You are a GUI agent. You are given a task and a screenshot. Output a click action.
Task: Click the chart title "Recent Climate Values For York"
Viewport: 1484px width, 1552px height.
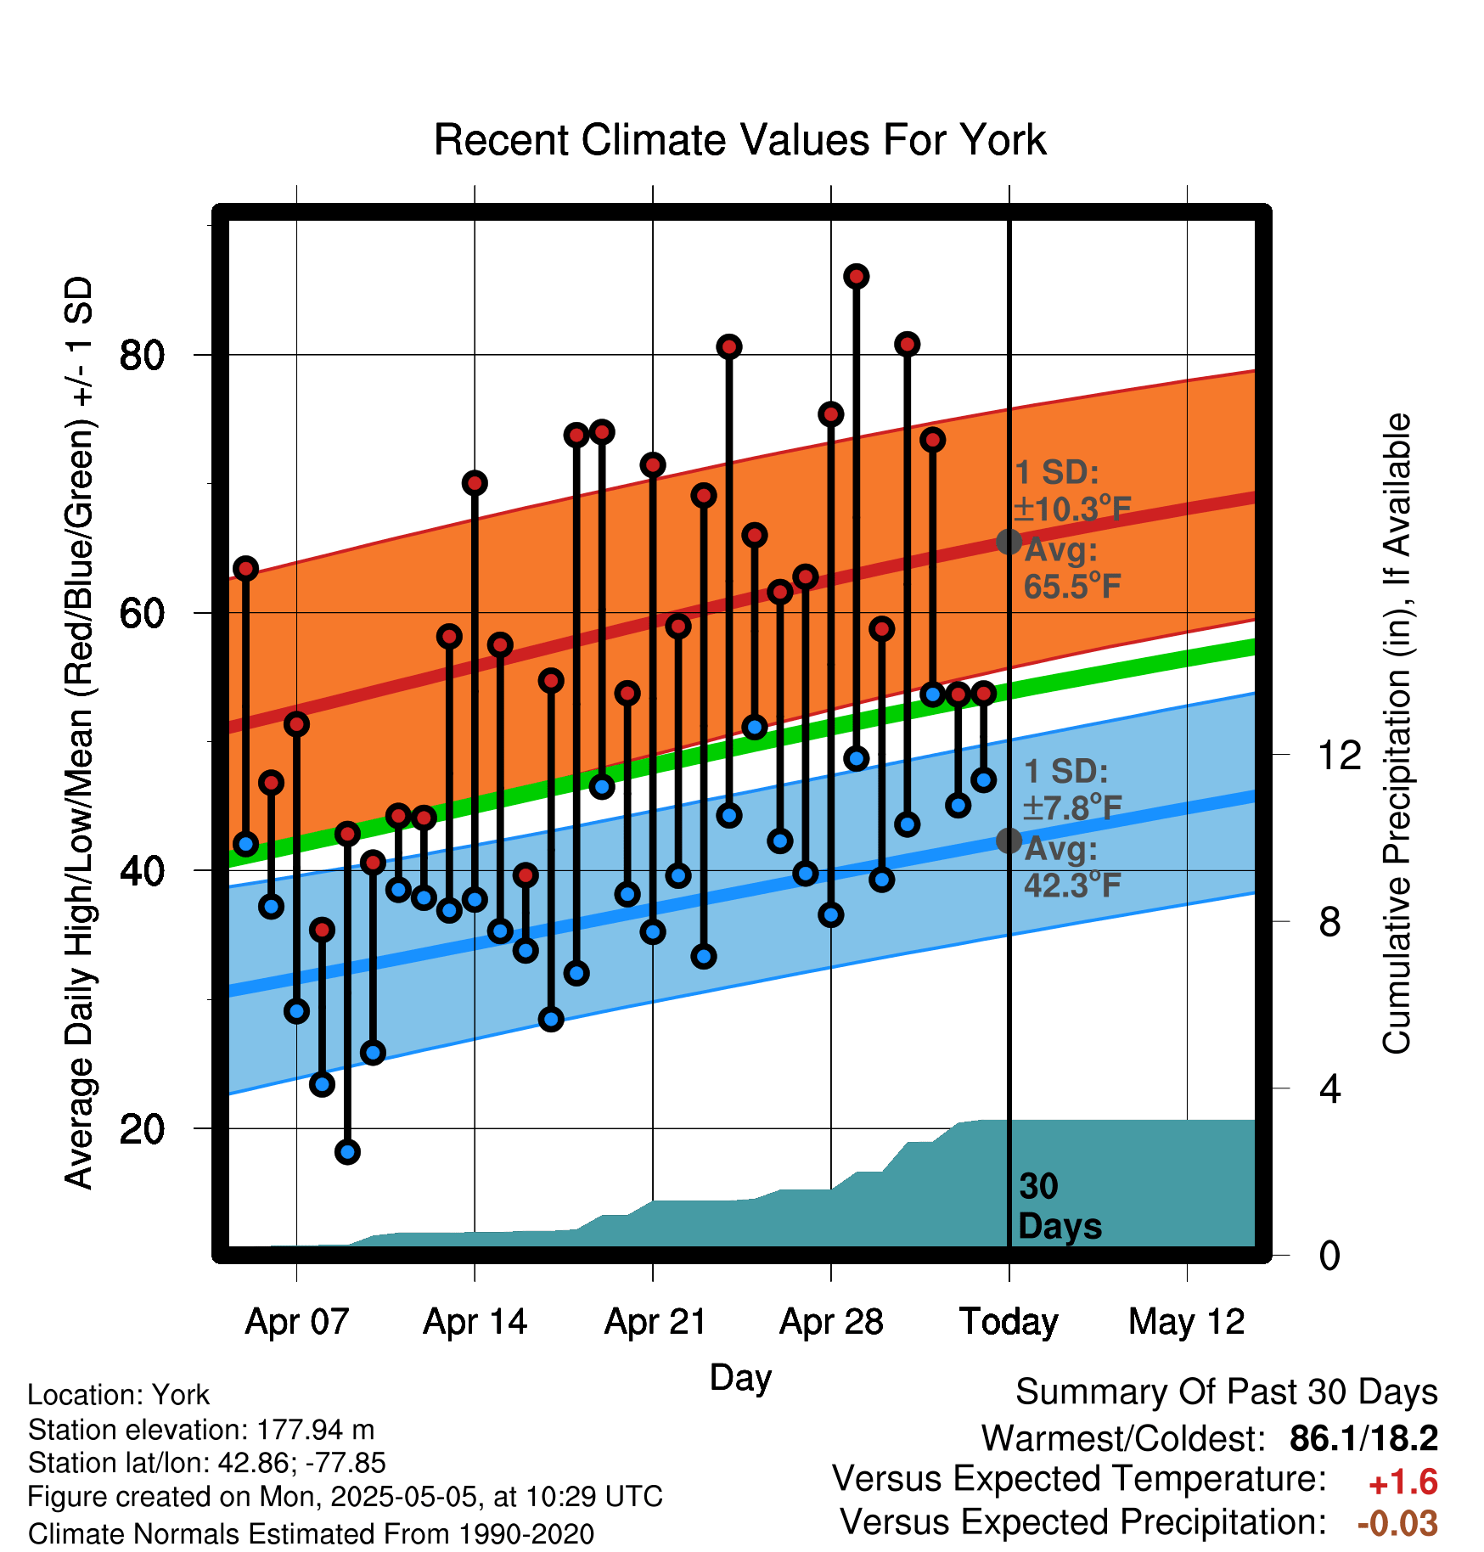tap(739, 140)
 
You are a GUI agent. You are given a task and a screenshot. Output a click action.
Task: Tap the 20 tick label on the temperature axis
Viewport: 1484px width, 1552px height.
tap(142, 1128)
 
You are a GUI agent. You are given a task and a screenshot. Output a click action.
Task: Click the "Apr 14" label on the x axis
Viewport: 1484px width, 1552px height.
tap(475, 1322)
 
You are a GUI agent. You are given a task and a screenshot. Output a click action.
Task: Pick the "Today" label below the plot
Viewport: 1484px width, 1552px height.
tap(1009, 1322)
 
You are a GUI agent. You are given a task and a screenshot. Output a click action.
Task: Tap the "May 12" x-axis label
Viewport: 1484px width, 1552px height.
tap(1186, 1322)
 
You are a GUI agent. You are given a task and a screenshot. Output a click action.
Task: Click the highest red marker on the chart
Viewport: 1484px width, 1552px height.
tap(856, 276)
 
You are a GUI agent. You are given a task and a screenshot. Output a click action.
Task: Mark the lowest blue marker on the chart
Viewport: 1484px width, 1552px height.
tap(347, 1152)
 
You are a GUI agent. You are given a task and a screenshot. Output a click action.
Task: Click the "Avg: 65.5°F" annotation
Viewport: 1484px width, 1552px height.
tap(1072, 568)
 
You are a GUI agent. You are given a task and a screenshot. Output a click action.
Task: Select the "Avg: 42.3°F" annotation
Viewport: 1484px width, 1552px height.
tap(1072, 867)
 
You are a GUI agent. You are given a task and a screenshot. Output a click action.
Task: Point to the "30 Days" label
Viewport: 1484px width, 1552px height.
tap(1060, 1206)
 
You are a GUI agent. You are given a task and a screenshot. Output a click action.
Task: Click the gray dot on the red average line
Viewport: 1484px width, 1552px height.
tap(1009, 542)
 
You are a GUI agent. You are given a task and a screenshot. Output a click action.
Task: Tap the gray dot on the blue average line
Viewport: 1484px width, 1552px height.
tap(1009, 841)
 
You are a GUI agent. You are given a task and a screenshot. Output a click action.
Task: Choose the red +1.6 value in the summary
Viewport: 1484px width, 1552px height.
tap(1403, 1482)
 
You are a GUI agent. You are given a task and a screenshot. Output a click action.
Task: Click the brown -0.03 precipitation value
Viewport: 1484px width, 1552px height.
tap(1397, 1523)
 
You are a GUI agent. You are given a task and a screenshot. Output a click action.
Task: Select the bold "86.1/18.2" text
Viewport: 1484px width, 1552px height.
tap(1363, 1438)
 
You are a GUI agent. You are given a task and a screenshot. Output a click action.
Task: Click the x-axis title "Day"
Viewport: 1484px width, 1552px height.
tap(740, 1378)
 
